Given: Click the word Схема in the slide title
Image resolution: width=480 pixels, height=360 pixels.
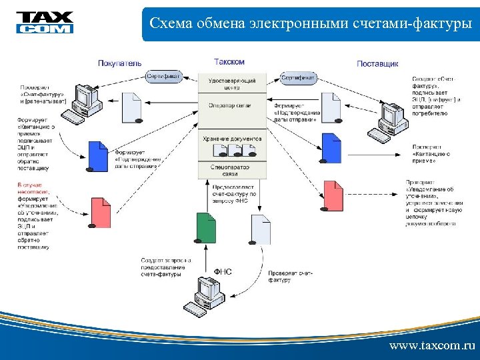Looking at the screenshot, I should pos(171,24).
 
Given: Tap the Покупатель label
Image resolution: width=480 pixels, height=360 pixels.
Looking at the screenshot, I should pos(120,63).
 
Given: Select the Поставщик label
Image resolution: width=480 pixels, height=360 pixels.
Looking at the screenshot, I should pos(377,64).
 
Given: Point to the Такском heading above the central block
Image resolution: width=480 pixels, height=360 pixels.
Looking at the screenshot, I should pos(229,62).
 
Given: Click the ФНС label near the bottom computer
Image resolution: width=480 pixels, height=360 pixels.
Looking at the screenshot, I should pos(223,272).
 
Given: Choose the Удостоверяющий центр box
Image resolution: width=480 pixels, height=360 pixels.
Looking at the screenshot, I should pos(232,83).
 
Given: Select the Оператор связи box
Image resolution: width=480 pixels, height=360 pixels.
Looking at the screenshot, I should pos(232,106).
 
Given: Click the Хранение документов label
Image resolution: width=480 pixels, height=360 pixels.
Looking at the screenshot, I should pos(232,139).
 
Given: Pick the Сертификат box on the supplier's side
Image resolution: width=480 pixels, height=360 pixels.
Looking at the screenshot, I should pos(299,78).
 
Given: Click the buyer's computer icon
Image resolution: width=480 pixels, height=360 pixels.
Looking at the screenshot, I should pos(86,103).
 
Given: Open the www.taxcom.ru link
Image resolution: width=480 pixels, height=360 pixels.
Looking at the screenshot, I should pos(432,346).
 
